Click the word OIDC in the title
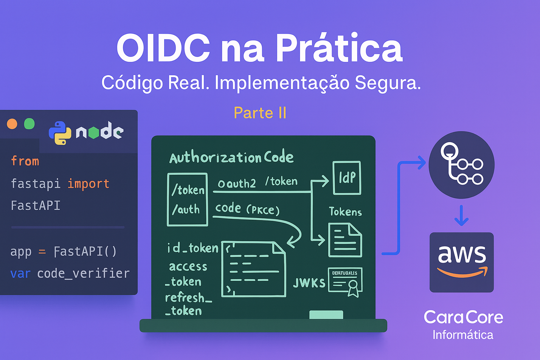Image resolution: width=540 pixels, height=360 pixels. coord(163,48)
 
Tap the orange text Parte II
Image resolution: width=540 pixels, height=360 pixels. coord(260,113)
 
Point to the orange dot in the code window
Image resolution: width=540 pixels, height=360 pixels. coord(12,124)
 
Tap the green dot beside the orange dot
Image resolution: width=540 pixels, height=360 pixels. coord(29,124)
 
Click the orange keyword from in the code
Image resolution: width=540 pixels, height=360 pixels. coord(25,161)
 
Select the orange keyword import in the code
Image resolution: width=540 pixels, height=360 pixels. coord(88,184)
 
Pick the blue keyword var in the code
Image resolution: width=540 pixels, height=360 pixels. coord(20,274)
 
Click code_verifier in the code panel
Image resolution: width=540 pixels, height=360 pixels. coord(83,274)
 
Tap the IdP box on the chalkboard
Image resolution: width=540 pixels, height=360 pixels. coord(347,178)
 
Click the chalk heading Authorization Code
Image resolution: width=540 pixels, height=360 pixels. coord(231,157)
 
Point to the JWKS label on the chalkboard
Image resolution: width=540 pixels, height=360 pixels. coord(309,283)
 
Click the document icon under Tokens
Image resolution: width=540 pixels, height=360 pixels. coord(345,240)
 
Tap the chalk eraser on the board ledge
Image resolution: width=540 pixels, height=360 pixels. coord(326,315)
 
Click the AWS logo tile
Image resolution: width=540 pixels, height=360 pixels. coord(462,262)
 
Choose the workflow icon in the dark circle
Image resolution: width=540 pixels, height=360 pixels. coord(461,165)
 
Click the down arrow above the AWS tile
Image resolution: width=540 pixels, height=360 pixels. coord(461,215)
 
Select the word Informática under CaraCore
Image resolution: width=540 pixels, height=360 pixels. coord(463,335)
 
